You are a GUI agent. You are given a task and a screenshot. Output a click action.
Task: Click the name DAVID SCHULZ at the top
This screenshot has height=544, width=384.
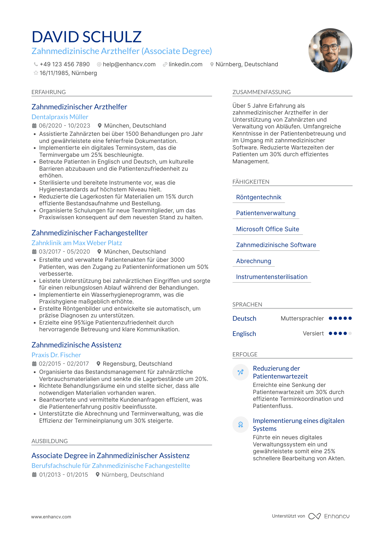click(87, 37)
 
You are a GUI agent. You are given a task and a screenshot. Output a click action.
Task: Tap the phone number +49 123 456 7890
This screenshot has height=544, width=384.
click(65, 64)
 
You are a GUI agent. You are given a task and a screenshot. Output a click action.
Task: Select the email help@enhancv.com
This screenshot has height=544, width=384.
click(129, 64)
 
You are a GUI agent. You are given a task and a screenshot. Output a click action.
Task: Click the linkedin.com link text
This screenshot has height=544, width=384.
click(185, 64)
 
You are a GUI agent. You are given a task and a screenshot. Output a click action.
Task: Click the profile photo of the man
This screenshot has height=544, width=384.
click(330, 50)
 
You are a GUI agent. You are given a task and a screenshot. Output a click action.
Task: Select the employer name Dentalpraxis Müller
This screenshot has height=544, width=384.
click(60, 117)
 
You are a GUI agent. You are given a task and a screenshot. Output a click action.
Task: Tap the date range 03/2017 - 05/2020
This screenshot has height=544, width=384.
click(64, 252)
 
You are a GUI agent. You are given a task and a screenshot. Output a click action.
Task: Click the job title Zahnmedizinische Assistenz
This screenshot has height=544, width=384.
click(77, 345)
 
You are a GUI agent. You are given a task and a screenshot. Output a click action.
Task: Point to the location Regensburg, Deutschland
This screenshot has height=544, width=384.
click(137, 364)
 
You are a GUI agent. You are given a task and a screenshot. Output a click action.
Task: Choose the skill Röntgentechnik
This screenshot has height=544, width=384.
click(259, 197)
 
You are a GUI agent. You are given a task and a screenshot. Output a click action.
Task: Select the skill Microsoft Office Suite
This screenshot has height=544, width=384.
click(267, 229)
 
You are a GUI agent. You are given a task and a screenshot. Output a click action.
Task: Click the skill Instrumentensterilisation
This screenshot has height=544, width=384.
click(272, 277)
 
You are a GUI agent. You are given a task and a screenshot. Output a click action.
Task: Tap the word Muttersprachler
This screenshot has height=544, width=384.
click(302, 318)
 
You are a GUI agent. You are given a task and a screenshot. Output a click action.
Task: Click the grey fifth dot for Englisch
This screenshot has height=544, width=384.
click(350, 333)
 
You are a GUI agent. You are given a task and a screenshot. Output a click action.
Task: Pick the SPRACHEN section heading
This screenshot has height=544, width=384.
click(247, 305)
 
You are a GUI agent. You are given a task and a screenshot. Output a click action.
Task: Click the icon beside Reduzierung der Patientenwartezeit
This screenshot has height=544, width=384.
click(240, 372)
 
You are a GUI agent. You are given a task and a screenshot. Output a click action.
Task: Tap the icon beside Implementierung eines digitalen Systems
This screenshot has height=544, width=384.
click(240, 425)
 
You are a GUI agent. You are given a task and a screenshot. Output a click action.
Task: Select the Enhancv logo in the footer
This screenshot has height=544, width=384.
click(329, 516)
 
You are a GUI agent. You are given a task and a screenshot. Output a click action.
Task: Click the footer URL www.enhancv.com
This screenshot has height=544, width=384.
click(51, 517)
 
